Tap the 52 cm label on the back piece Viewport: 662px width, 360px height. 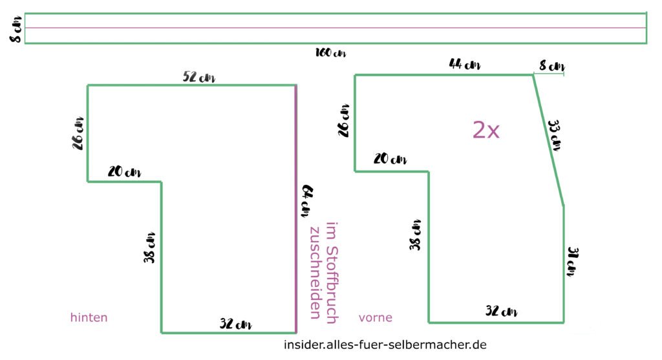pyautogui.click(x=199, y=78)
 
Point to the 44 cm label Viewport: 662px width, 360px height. pyautogui.click(x=465, y=65)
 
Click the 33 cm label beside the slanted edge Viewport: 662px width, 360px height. pyautogui.click(x=553, y=134)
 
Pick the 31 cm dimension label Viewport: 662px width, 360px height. pyautogui.click(x=571, y=260)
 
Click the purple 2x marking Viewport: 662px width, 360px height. pyautogui.click(x=486, y=131)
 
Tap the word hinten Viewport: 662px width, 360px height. pyautogui.click(x=89, y=317)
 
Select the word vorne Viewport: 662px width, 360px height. pyautogui.click(x=376, y=317)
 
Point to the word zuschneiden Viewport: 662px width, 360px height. pyautogui.click(x=315, y=272)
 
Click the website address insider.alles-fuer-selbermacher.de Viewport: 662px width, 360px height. pyautogui.click(x=385, y=344)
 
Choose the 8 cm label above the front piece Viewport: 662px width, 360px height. pyautogui.click(x=551, y=66)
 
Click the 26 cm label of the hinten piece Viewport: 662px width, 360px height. pyautogui.click(x=79, y=132)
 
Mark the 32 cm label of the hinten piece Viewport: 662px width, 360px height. pyautogui.click(x=235, y=324)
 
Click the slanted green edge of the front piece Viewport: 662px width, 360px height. pyautogui.click(x=548, y=140)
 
